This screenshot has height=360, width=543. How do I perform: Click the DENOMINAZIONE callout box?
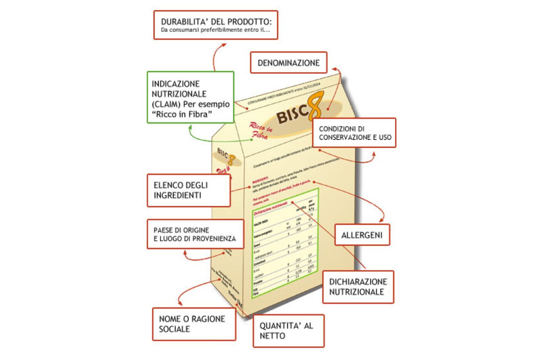click(288, 63)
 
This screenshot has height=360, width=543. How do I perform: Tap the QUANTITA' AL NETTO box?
click(288, 331)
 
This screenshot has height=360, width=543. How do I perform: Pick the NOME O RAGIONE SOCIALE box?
click(194, 324)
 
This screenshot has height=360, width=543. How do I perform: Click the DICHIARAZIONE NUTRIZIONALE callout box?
click(358, 287)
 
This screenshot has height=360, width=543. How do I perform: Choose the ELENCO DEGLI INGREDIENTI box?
click(188, 190)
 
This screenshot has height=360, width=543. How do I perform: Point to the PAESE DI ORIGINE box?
click(196, 234)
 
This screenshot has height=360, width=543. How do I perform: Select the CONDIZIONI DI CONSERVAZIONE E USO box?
click(354, 133)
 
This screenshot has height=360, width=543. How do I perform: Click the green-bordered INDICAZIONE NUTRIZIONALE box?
click(190, 97)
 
